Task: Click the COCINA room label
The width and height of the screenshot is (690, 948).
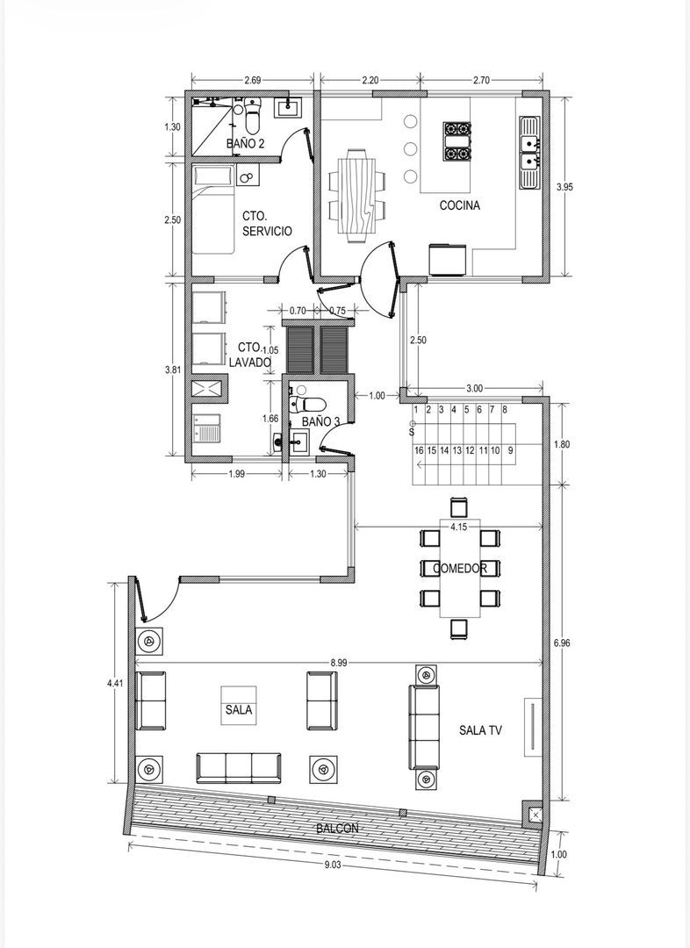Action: (x=460, y=205)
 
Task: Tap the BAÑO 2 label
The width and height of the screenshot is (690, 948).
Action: (x=246, y=144)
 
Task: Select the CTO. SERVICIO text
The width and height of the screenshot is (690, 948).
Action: (x=267, y=223)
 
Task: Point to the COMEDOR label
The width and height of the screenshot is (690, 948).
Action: (x=460, y=568)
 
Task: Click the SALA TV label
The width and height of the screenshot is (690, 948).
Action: (x=481, y=730)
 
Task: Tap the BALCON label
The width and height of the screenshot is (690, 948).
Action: (x=337, y=829)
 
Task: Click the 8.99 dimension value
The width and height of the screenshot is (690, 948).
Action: (x=339, y=663)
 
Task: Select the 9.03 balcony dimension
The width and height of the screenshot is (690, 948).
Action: (x=333, y=865)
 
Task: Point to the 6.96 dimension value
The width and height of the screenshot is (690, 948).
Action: (x=563, y=643)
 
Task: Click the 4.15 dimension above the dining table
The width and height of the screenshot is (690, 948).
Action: (x=458, y=528)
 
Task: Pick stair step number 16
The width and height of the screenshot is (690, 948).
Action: (x=419, y=450)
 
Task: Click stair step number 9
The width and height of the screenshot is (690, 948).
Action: (x=511, y=450)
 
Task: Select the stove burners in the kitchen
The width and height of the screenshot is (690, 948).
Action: (x=457, y=141)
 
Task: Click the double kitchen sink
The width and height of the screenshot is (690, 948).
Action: (x=529, y=153)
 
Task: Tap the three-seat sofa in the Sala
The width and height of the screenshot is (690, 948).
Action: (x=238, y=768)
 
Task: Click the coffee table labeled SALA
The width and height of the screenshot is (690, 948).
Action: (x=238, y=705)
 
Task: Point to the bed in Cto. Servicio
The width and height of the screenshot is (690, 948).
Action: (x=213, y=210)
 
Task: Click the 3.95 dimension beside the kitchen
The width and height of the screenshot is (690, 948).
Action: (x=564, y=188)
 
